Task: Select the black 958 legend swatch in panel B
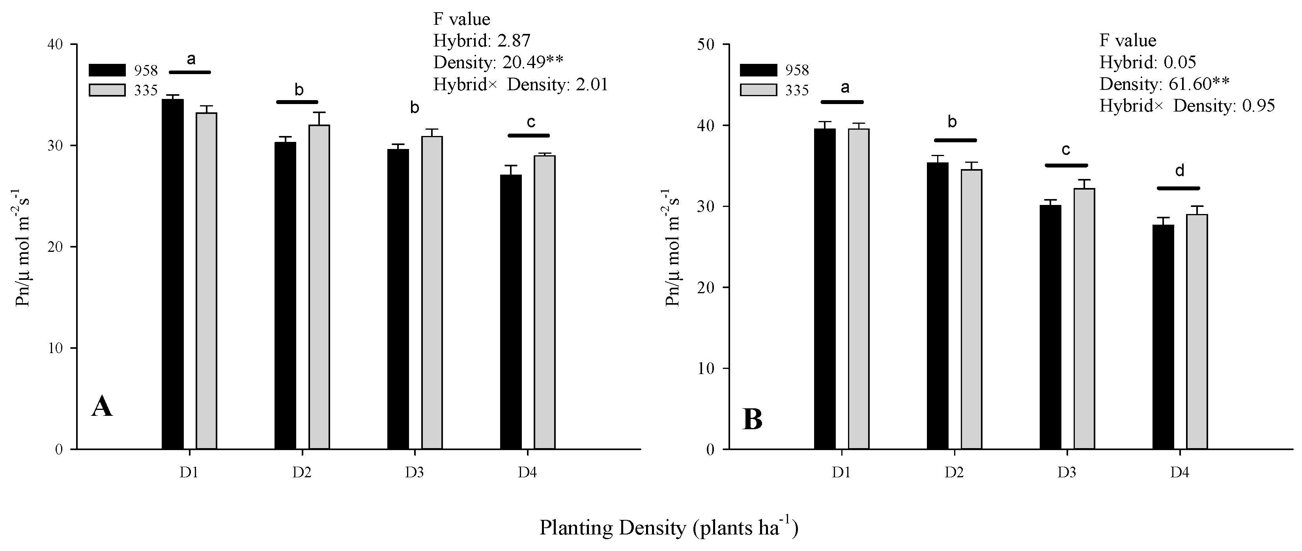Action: pyautogui.click(x=758, y=70)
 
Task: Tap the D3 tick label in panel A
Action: pyautogui.click(x=414, y=473)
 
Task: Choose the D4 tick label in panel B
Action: pyautogui.click(x=1179, y=473)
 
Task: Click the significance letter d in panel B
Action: pyautogui.click(x=1179, y=171)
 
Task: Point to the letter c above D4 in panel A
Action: pyautogui.click(x=531, y=122)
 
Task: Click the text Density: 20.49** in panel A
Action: pyautogui.click(x=498, y=62)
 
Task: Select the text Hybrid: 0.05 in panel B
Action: pyautogui.click(x=1148, y=62)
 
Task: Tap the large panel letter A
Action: pyautogui.click(x=102, y=407)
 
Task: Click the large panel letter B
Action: pyautogui.click(x=753, y=420)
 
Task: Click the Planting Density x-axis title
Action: pyautogui.click(x=669, y=528)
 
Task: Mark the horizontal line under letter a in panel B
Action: pyautogui.click(x=842, y=102)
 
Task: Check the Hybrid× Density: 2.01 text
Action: pyautogui.click(x=520, y=84)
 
